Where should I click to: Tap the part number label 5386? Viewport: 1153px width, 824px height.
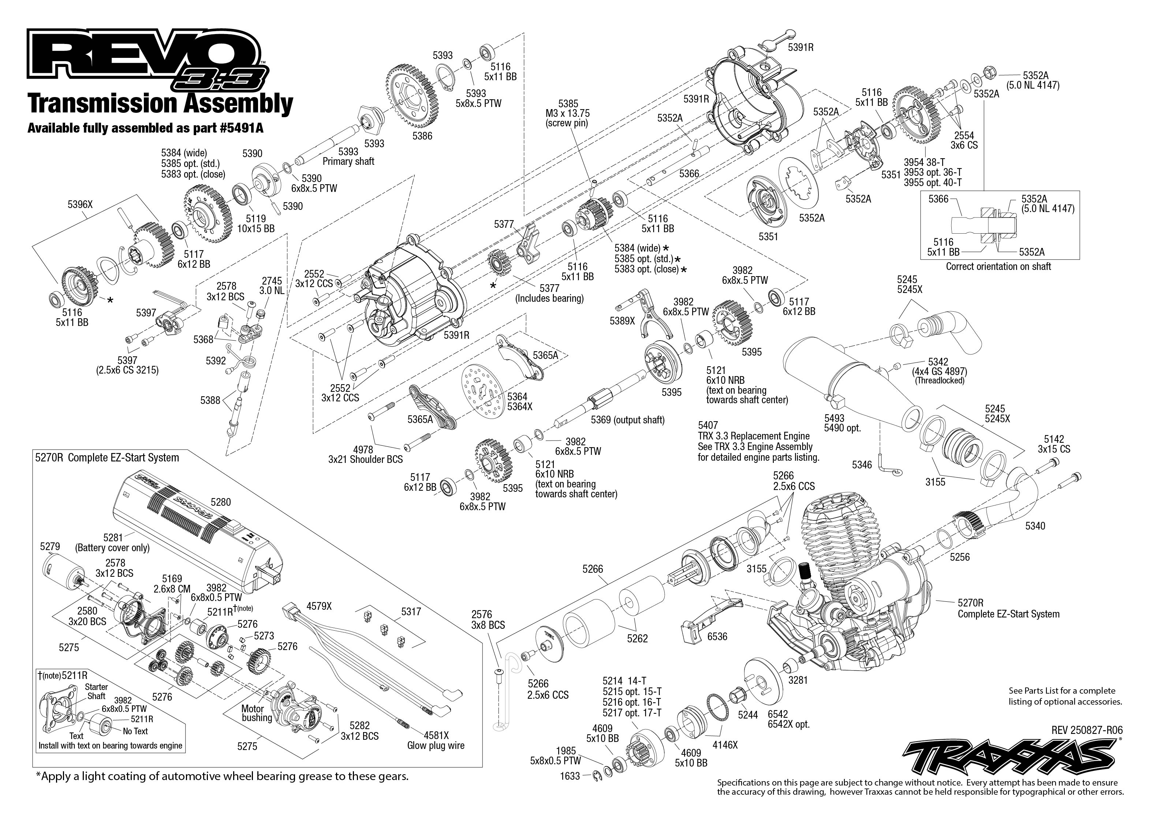coord(422,136)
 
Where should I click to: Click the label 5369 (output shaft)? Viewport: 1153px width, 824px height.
coord(627,420)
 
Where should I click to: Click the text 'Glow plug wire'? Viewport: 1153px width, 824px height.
coord(436,745)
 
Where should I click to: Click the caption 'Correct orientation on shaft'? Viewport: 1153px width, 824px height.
coord(998,266)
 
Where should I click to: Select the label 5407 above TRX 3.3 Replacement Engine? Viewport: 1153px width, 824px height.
coord(708,425)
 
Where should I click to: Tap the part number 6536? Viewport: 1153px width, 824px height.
coord(717,636)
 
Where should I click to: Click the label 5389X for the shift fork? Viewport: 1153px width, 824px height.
coord(622,321)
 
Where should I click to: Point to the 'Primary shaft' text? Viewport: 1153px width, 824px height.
coord(348,162)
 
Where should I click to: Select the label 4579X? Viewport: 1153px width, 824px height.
coord(319,606)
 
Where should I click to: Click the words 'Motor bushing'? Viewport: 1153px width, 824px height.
coord(257,713)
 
